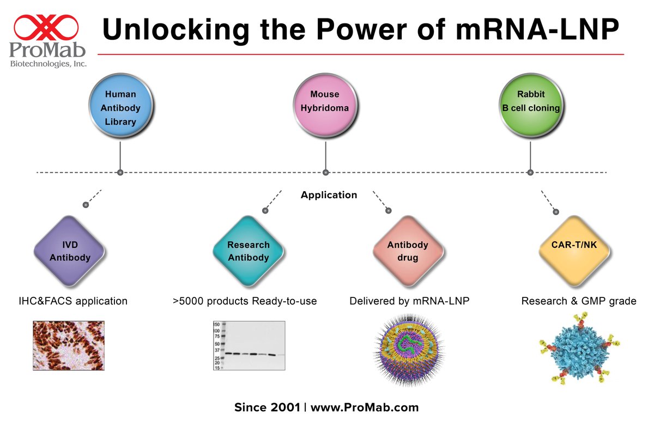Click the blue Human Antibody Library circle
[x=120, y=108]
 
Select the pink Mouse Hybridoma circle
[x=325, y=102]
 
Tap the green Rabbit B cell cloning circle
[x=530, y=102]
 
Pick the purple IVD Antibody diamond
[x=70, y=252]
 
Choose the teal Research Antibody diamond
[x=249, y=252]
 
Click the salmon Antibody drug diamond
[x=408, y=251]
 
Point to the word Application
[x=329, y=195]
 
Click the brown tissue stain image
[x=69, y=345]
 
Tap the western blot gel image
[x=249, y=345]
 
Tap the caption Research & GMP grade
[x=578, y=301]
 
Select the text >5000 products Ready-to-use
[x=244, y=301]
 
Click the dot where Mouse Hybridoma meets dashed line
[x=325, y=173]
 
